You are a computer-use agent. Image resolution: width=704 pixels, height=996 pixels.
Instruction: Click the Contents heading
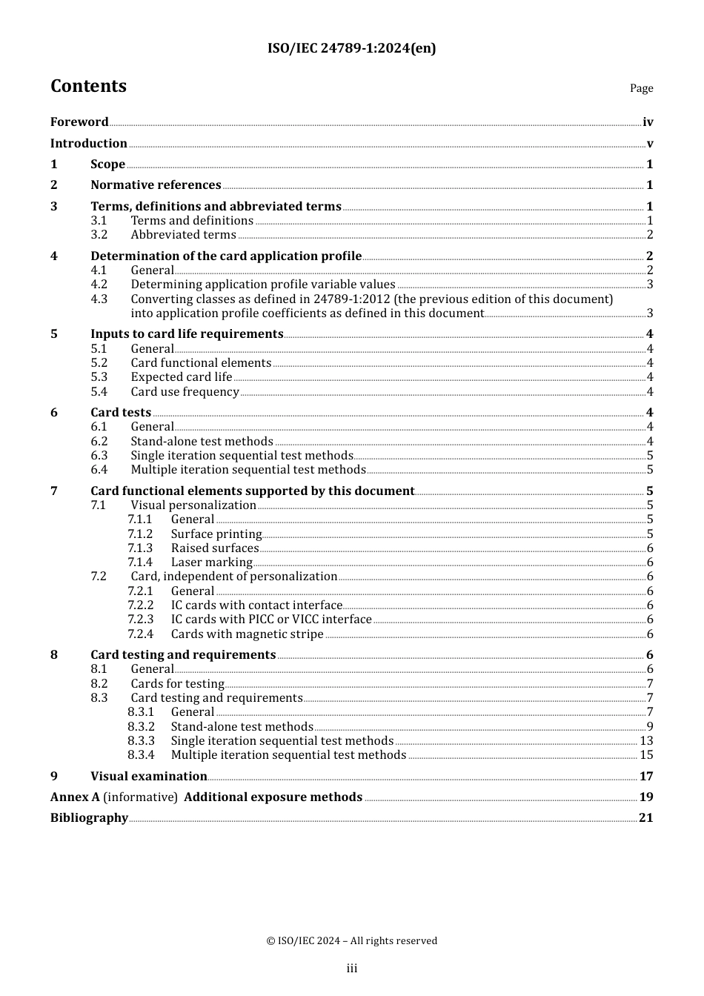coord(88,86)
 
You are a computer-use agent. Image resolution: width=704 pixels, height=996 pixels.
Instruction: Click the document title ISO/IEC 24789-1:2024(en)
coord(351,48)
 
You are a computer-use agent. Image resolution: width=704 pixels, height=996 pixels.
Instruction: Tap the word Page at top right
coord(641,88)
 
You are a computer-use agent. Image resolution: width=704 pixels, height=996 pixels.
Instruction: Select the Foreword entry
coord(79,122)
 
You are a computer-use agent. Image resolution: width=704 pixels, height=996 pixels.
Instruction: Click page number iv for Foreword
coord(648,122)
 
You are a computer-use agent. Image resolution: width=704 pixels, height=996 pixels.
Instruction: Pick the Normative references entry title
coord(156,185)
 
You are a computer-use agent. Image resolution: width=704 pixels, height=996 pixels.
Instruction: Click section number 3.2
coord(99,235)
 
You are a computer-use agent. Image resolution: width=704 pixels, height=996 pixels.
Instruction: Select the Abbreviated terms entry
coord(183,235)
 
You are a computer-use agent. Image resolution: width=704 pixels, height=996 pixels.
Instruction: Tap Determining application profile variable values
coord(263,285)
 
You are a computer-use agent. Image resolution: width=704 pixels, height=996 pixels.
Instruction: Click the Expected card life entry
coord(182,377)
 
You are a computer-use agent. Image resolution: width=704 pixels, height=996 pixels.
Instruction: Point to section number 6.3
coord(99,456)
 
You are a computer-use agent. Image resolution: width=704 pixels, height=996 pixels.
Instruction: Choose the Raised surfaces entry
coord(215,548)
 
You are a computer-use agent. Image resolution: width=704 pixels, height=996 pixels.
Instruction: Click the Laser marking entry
coord(212,562)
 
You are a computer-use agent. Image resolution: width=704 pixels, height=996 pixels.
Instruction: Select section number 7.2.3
coord(140,620)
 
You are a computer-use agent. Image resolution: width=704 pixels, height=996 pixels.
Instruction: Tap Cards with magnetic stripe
coord(247,634)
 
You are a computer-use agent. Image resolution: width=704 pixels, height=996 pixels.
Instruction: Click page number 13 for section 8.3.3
coord(646,741)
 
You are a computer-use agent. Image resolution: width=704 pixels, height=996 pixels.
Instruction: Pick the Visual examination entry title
coord(148,777)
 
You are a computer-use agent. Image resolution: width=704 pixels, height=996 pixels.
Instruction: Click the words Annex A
coord(75,797)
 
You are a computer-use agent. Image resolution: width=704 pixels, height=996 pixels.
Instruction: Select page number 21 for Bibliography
coord(645,818)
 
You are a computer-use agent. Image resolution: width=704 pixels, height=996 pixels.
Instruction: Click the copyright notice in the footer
coord(351,941)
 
